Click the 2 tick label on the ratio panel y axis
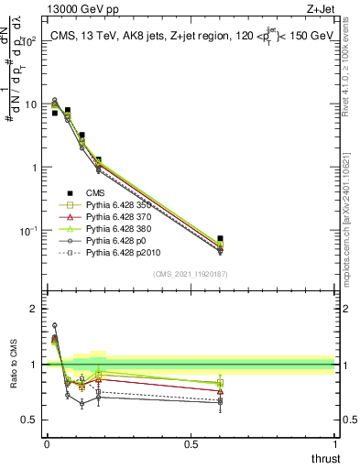34,309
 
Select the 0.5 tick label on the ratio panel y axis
29,420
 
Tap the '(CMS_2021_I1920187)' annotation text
191,273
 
